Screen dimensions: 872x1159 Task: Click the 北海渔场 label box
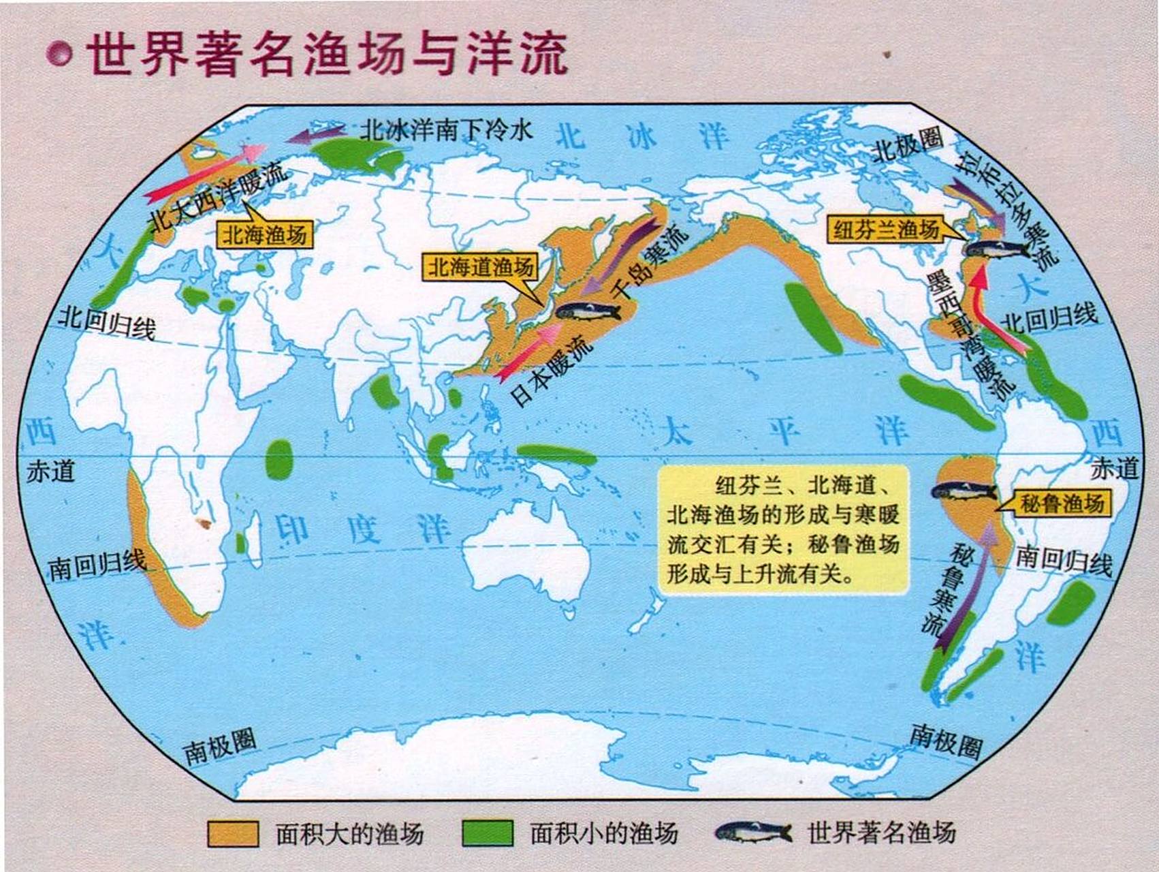click(264, 235)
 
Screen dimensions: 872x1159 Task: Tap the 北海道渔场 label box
click(480, 267)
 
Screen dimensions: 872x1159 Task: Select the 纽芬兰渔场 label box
click(886, 230)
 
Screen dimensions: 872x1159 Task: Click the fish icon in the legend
click(753, 832)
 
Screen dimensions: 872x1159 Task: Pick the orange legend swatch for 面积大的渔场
click(233, 832)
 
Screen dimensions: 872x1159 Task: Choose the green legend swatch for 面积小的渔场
click(487, 832)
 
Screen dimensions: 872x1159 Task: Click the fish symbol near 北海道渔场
click(588, 311)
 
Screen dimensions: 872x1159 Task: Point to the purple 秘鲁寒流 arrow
click(966, 586)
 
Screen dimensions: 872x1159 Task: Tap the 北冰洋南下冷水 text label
click(446, 129)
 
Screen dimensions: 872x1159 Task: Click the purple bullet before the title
click(59, 54)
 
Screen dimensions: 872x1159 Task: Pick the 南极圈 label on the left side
click(219, 747)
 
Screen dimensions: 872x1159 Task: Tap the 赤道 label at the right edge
click(1114, 469)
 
